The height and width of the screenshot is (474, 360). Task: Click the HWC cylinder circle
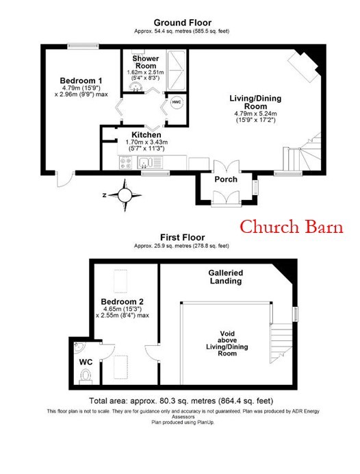click(x=176, y=102)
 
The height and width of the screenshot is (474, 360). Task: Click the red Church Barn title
click(x=292, y=227)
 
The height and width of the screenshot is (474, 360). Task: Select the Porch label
click(x=226, y=179)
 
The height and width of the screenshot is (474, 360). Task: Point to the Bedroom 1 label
click(x=81, y=81)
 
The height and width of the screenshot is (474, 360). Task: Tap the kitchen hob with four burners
click(x=126, y=162)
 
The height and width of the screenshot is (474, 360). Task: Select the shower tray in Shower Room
click(x=176, y=71)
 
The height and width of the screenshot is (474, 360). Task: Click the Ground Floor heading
click(x=183, y=23)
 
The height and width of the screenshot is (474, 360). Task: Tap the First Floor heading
click(x=183, y=237)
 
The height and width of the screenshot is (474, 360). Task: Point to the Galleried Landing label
click(x=226, y=277)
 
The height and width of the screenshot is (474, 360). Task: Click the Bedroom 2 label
click(x=122, y=301)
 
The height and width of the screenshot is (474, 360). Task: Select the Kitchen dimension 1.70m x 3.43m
click(x=146, y=142)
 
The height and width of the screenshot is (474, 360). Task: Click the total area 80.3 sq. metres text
click(x=181, y=401)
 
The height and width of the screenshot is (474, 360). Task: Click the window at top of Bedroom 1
click(x=83, y=47)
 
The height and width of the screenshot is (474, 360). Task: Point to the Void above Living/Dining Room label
click(x=227, y=343)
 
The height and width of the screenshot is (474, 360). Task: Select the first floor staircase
click(x=281, y=343)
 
